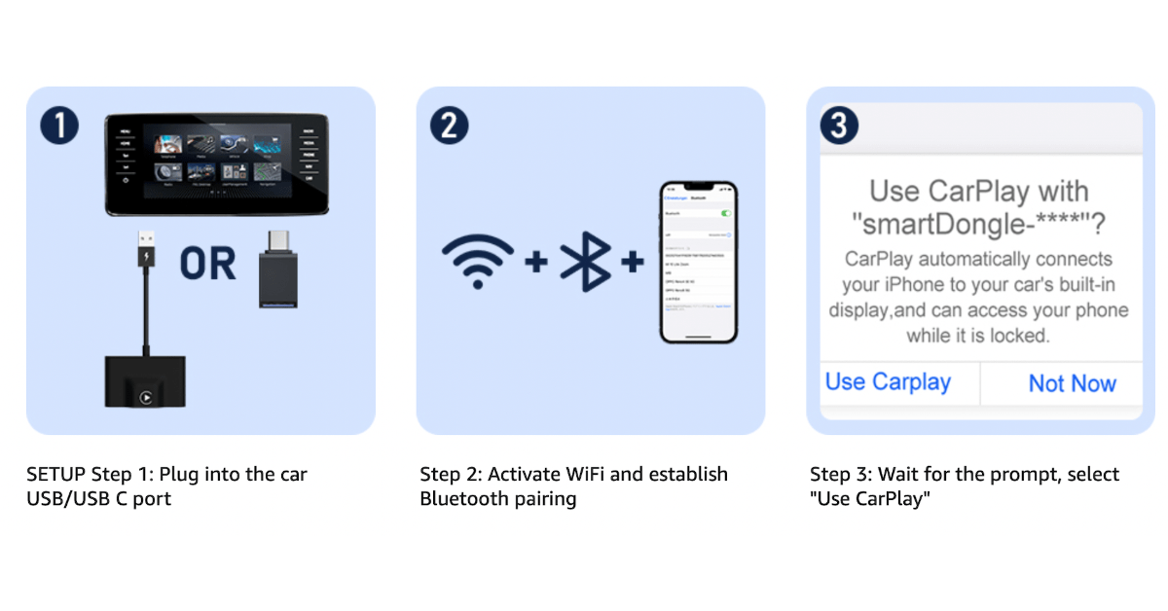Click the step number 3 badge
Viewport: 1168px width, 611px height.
839,126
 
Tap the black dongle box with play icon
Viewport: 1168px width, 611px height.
145,381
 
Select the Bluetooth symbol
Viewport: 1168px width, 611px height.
585,262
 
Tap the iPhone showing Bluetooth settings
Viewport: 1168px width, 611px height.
699,262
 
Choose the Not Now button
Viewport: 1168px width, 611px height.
1072,384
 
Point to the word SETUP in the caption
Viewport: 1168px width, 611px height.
56,475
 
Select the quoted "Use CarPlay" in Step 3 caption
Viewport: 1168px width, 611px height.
870,499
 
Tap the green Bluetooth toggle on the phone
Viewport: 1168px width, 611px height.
724,212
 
